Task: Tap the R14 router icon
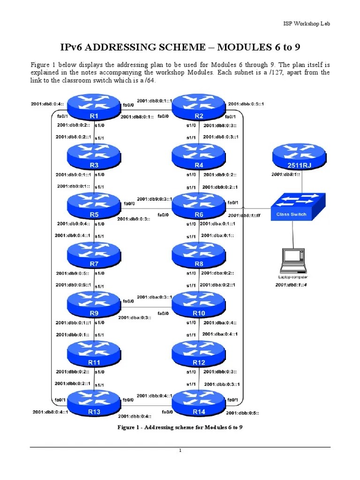click(199, 403)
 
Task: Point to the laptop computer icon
click(293, 261)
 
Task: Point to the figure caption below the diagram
click(180, 427)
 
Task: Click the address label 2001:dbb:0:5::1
click(246, 104)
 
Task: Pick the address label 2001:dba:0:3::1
click(155, 297)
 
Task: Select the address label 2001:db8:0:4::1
click(51, 412)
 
